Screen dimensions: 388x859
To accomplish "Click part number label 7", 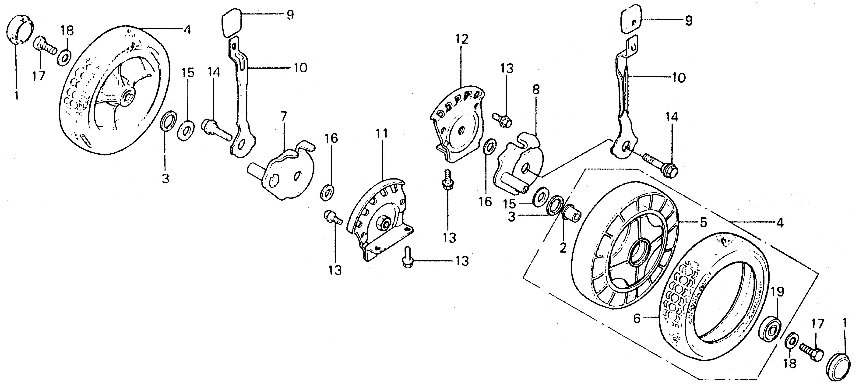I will [283, 116].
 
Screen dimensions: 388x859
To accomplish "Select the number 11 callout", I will [382, 134].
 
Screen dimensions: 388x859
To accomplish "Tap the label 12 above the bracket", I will [462, 39].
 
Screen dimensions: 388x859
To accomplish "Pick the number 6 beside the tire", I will [637, 319].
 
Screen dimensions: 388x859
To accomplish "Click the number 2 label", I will [563, 247].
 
